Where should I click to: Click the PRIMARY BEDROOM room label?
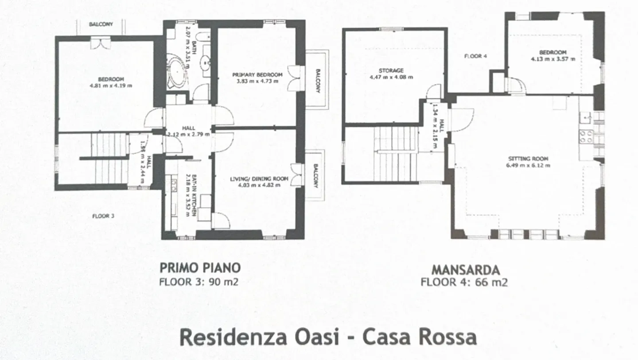(x=257, y=74)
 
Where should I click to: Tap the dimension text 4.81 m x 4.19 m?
(x=110, y=85)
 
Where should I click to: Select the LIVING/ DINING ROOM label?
(x=259, y=179)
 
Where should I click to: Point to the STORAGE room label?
(x=391, y=70)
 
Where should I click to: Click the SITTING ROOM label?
(x=529, y=159)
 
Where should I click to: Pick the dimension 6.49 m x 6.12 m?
(x=529, y=165)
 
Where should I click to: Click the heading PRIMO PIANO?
(x=200, y=268)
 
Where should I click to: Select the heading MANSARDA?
(x=466, y=270)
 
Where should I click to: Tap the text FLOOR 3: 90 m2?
(x=198, y=282)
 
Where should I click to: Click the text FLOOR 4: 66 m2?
(x=464, y=283)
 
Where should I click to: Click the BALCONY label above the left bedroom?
(x=101, y=24)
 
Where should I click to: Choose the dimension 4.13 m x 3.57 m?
(x=553, y=58)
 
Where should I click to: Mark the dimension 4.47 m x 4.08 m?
(x=391, y=77)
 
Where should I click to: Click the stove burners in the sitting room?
(x=586, y=136)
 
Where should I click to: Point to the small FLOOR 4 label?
(x=475, y=56)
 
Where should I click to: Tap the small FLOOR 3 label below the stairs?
(x=103, y=216)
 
